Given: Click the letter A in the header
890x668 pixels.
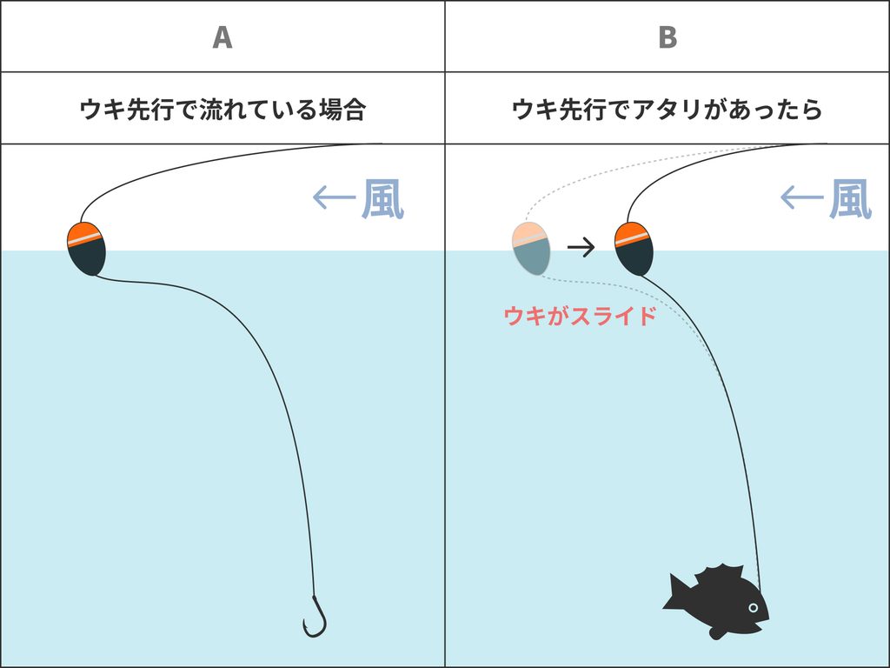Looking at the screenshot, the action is pyautogui.click(x=222, y=37).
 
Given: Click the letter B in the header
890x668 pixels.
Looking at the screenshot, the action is pyautogui.click(x=667, y=37).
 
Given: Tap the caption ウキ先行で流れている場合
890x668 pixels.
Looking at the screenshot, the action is pyautogui.click(x=222, y=109).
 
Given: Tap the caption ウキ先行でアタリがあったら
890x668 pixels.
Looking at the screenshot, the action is pyautogui.click(x=667, y=109).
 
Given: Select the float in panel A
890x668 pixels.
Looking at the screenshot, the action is pyautogui.click(x=86, y=248).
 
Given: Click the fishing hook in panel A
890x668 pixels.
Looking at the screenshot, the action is pyautogui.click(x=315, y=617).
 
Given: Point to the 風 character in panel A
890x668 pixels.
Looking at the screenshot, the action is pyautogui.click(x=382, y=199).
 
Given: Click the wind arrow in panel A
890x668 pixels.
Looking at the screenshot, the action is pyautogui.click(x=335, y=197).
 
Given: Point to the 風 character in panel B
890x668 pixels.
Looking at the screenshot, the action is pyautogui.click(x=850, y=199).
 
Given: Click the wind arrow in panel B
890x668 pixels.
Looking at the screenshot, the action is pyautogui.click(x=802, y=197).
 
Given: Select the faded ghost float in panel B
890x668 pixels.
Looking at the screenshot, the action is pyautogui.click(x=531, y=248).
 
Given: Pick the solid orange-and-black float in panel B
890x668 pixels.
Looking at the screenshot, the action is pyautogui.click(x=634, y=248).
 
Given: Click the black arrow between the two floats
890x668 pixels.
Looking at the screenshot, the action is pyautogui.click(x=581, y=246).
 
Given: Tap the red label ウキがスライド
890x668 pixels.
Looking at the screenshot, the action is pyautogui.click(x=580, y=316).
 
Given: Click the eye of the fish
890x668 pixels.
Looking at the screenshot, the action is pyautogui.click(x=754, y=608).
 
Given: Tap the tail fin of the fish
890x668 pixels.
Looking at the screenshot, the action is pyautogui.click(x=675, y=593).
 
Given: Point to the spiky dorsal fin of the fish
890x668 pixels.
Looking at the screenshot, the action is pyautogui.click(x=720, y=573).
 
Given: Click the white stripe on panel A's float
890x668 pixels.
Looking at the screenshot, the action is pyautogui.click(x=84, y=238).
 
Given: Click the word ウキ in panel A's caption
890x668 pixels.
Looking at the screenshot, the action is pyautogui.click(x=103, y=109).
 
